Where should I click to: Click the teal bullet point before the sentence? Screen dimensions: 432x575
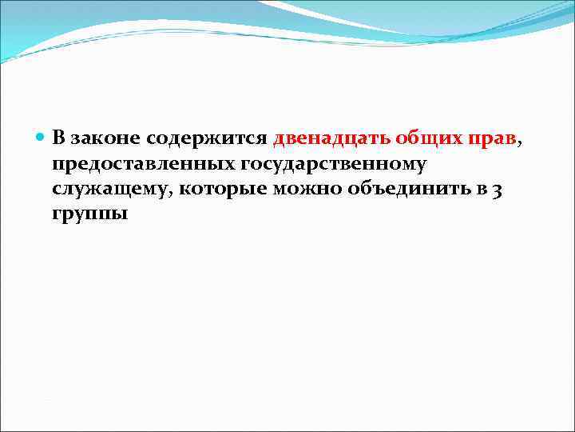coord(42,138)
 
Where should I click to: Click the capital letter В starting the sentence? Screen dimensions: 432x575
coord(59,138)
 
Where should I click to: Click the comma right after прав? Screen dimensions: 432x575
coord(521,143)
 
